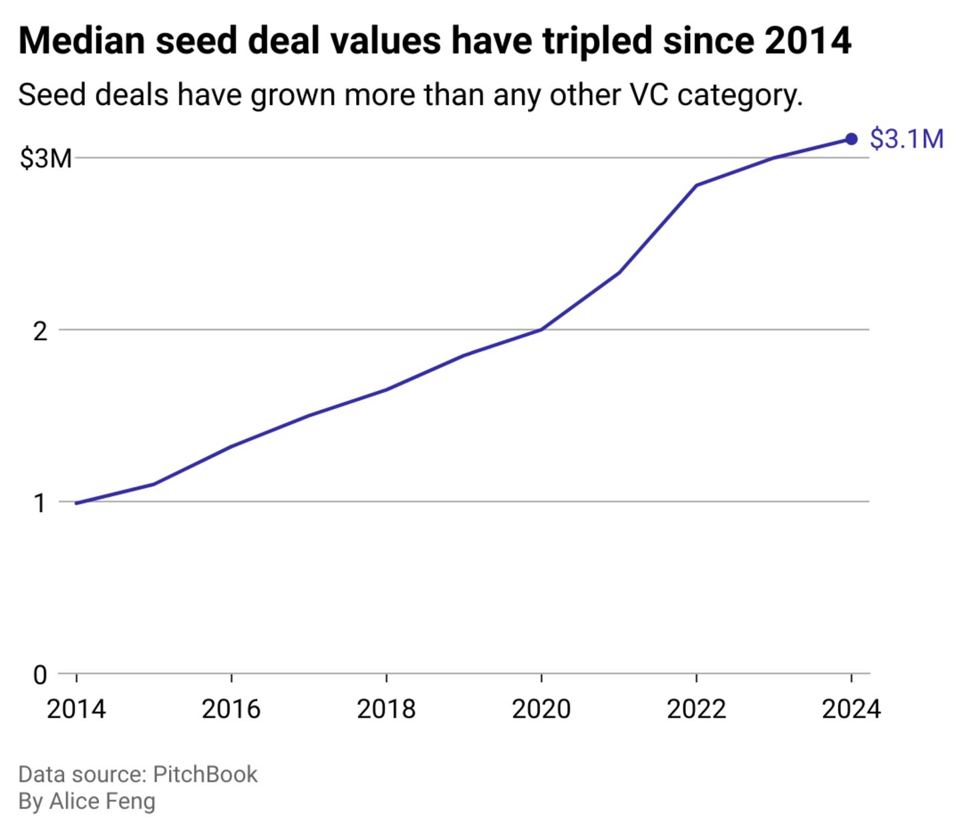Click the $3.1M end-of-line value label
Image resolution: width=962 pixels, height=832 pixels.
coord(907,139)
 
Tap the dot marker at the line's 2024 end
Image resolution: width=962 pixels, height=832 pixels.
coord(851,139)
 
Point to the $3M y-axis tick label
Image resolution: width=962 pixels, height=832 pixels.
coord(45,159)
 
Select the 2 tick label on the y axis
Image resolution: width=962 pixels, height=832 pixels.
coord(41,331)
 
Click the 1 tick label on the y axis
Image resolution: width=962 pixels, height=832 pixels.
coord(41,503)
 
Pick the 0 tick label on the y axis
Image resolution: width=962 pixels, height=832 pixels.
coord(41,675)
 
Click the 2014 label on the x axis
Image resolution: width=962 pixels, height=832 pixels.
coord(76,709)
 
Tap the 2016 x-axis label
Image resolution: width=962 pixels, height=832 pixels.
coord(231,709)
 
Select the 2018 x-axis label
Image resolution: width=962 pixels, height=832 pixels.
coord(386,709)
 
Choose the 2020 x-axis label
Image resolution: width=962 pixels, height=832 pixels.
coord(541,709)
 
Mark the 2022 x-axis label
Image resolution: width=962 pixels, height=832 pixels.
coord(696,709)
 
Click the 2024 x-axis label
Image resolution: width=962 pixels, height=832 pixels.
coord(851,709)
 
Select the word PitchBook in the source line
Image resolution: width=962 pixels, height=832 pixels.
coord(205,774)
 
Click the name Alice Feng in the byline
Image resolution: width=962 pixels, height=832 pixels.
coord(102,801)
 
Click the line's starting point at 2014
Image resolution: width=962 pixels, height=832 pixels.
coord(76,503)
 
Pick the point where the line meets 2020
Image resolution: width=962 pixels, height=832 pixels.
coord(541,329)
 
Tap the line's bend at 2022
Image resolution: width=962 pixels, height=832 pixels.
coord(696,185)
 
